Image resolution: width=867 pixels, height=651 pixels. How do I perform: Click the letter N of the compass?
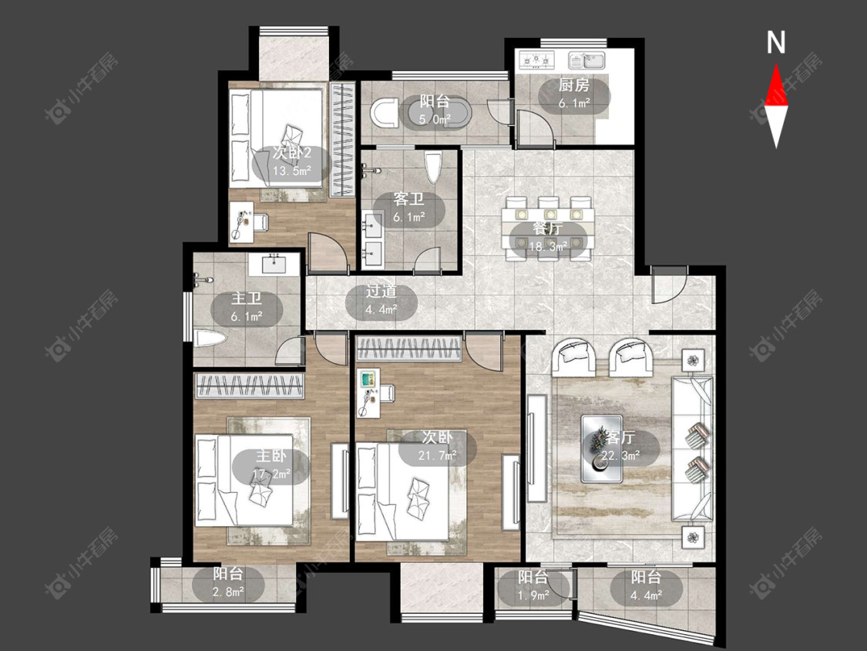(x=776, y=42)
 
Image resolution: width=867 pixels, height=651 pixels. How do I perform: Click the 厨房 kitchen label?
(x=574, y=86)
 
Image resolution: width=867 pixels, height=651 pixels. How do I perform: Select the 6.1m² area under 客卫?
(x=408, y=217)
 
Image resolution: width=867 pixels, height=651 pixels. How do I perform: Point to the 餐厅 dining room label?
(x=548, y=228)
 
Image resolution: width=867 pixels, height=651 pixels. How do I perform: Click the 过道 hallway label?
(x=381, y=292)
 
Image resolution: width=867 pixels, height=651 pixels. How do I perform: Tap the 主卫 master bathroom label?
(x=246, y=299)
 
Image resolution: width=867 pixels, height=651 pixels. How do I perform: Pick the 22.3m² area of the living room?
(x=620, y=456)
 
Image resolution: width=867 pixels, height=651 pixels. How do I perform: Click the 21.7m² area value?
(x=438, y=455)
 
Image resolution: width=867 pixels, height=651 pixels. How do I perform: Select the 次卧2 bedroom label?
(x=291, y=153)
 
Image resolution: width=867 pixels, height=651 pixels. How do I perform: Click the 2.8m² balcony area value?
(x=228, y=592)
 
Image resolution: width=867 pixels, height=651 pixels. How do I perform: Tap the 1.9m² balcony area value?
(x=533, y=595)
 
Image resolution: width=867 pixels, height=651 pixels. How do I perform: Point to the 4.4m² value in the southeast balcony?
(x=646, y=595)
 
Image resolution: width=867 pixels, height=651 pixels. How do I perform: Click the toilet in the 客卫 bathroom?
(x=433, y=167)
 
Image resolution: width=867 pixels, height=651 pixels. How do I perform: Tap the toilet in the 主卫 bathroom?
(x=210, y=339)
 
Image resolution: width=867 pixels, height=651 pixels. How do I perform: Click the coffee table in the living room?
(x=602, y=448)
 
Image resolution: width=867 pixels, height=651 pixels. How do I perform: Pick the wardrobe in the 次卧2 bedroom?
(x=342, y=139)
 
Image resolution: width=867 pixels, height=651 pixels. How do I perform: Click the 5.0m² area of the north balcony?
(x=435, y=119)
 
